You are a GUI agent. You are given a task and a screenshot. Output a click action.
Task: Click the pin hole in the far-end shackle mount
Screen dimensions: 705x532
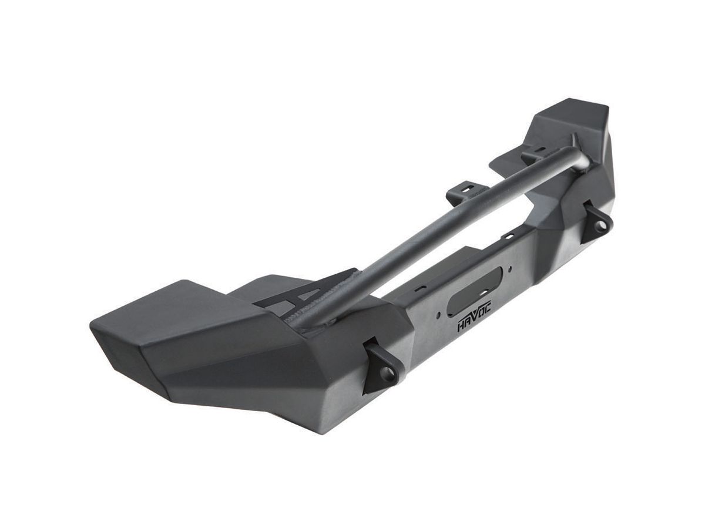point(597,225)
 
